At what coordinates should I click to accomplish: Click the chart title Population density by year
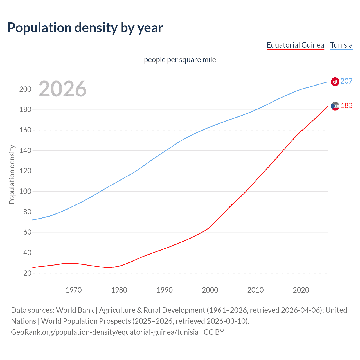(85, 28)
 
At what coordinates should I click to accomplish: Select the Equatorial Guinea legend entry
(295, 45)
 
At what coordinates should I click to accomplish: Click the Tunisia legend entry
(341, 45)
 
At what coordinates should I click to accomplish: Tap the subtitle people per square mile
(180, 60)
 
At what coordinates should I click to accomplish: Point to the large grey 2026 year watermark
(62, 89)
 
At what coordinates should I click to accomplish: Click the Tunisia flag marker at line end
(335, 82)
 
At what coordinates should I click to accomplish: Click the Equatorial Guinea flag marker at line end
(335, 106)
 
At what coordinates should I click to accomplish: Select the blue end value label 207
(346, 81)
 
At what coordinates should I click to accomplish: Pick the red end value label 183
(346, 106)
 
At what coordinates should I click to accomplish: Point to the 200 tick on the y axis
(25, 89)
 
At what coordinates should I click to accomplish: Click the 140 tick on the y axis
(25, 151)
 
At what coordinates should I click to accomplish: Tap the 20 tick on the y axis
(27, 273)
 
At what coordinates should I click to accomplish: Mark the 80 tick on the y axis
(27, 212)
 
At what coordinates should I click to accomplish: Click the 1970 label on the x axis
(74, 290)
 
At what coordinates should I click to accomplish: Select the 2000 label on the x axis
(210, 290)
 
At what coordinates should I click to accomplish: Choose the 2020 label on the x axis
(301, 290)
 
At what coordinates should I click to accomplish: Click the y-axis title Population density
(12, 174)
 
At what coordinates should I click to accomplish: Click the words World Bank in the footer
(75, 310)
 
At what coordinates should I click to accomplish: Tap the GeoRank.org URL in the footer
(105, 332)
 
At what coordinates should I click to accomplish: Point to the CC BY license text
(214, 332)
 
